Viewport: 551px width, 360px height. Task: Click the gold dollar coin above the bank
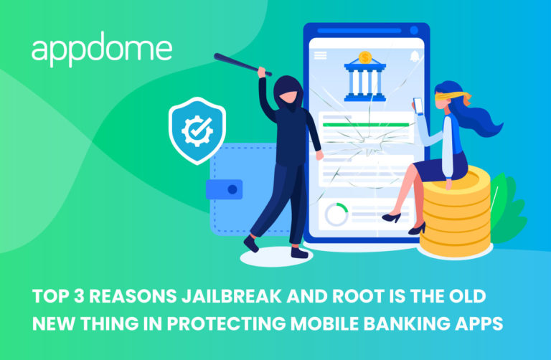pos(365,56)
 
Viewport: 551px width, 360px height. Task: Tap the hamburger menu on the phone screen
pos(320,55)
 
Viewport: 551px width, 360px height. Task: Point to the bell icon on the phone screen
pos(414,55)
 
